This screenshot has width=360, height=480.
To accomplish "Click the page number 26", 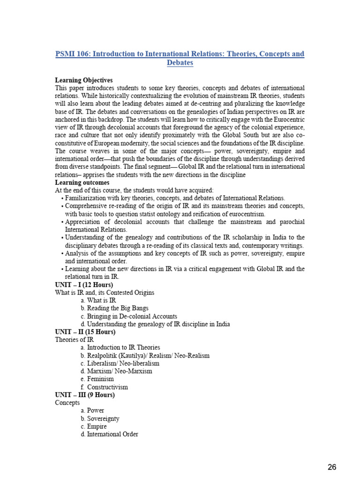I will point(332,467).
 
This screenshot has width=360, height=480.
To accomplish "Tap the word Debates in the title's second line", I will point(180,63).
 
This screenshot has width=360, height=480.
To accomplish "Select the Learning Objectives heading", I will point(84,81).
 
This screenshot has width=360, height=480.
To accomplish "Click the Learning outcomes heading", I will point(82,182).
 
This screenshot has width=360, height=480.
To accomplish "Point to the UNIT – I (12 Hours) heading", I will point(84,285).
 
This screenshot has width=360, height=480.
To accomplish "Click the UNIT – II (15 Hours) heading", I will point(85,332).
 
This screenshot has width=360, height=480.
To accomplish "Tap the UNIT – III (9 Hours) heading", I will point(85,395).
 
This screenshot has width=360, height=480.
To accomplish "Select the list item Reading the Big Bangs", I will point(118,308).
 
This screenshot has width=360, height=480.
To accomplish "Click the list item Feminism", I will point(100,379).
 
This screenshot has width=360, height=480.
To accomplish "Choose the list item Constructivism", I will point(107,387).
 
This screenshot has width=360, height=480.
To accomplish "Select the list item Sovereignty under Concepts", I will point(103,419).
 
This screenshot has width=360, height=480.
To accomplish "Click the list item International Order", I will point(112,435).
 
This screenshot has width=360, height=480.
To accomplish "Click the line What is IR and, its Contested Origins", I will point(105,292).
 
